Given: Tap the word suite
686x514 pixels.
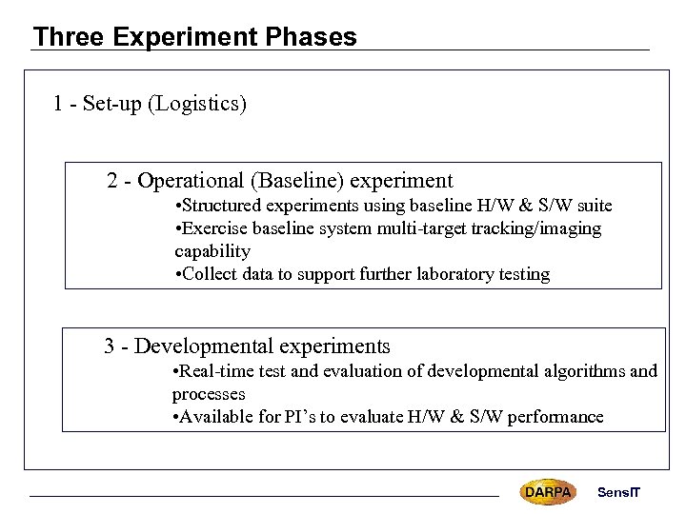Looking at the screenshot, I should (592, 206).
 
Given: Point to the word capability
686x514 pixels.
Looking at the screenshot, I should (212, 251).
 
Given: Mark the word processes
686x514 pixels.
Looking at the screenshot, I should (209, 394).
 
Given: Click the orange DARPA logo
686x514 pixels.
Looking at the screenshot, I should (548, 492).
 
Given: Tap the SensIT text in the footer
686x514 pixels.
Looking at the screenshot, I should (619, 492).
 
